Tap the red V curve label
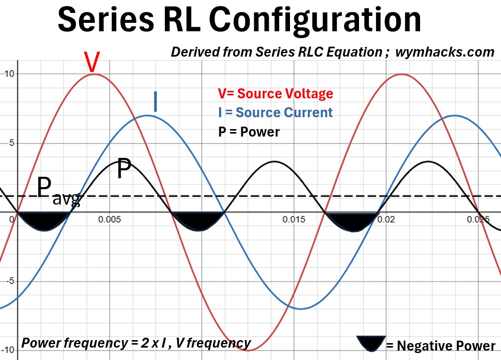(91, 62)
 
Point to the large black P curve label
(124, 170)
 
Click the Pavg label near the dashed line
(58, 191)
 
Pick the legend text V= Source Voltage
(275, 94)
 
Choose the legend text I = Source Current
(275, 112)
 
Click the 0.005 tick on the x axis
(110, 219)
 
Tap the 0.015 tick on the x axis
(293, 219)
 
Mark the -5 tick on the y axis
(6, 281)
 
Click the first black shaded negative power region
(44, 220)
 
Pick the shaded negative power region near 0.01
(198, 220)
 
